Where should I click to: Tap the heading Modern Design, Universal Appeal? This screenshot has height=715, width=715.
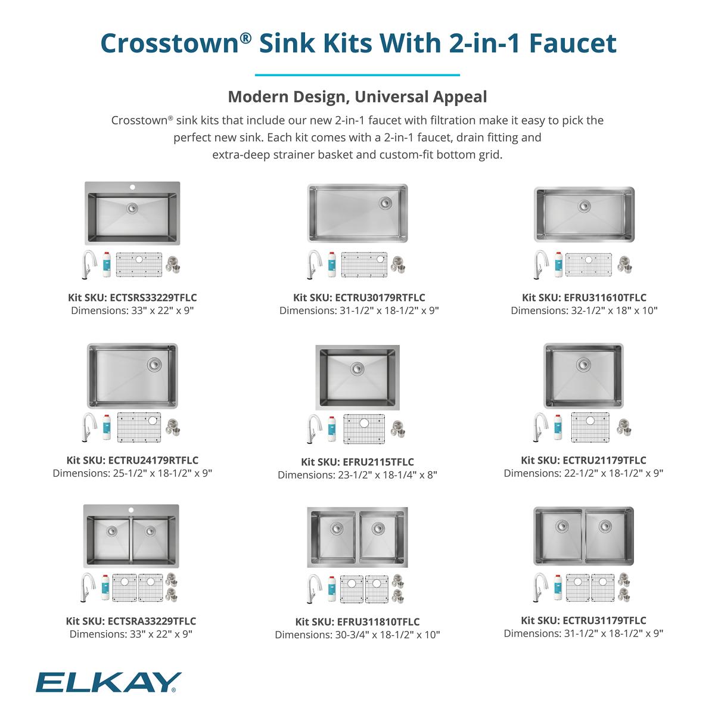tap(357, 97)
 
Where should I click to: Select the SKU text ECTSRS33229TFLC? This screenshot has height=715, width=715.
tap(153, 297)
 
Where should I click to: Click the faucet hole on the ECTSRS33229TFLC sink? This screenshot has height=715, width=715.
tap(132, 187)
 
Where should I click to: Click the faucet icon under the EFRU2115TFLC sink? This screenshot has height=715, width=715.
tap(312, 429)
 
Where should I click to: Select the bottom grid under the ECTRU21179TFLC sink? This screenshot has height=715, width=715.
tap(590, 426)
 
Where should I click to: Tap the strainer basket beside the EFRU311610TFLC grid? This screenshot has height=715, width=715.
tap(624, 265)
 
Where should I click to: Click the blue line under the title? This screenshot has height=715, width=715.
tap(357, 75)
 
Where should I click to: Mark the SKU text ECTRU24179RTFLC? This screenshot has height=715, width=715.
tap(153, 460)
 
